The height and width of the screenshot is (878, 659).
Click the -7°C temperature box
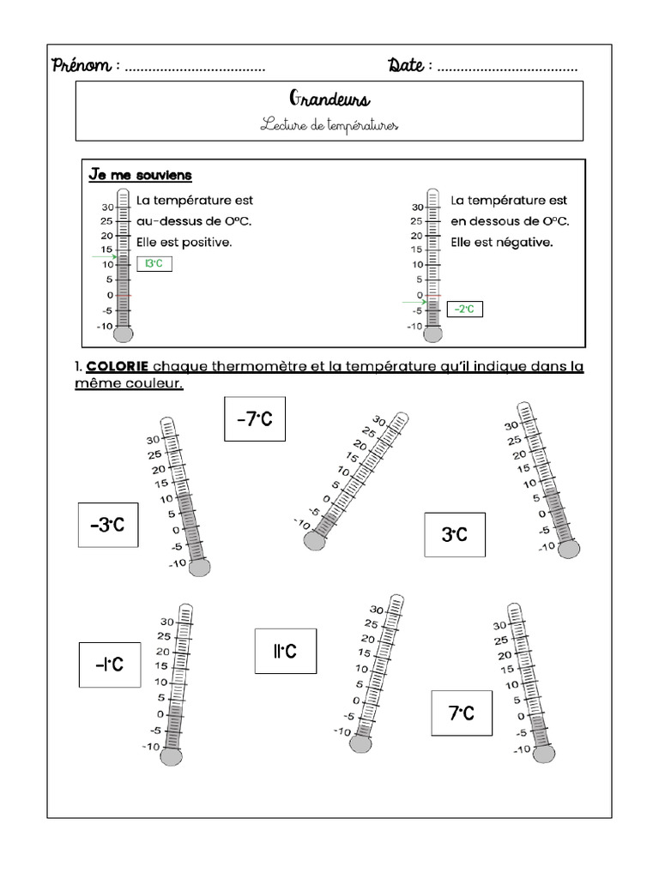(x=255, y=418)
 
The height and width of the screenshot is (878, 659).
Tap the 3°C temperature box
(x=454, y=534)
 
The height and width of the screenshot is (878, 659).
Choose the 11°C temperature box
(x=285, y=651)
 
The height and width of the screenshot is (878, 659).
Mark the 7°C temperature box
(x=462, y=713)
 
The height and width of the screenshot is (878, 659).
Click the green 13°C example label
(x=154, y=264)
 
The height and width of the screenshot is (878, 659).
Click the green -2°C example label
(x=464, y=309)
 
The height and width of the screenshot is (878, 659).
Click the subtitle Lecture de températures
(x=329, y=125)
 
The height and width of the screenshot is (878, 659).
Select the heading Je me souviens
(x=140, y=175)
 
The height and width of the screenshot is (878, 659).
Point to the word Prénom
(x=82, y=66)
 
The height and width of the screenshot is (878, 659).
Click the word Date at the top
(x=405, y=66)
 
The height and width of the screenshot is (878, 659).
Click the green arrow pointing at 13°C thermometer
(x=105, y=256)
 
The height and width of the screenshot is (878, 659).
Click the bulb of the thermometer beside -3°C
(x=200, y=566)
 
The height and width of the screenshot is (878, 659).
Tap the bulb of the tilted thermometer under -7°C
(x=313, y=541)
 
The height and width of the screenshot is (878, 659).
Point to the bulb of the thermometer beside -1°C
(x=172, y=756)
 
